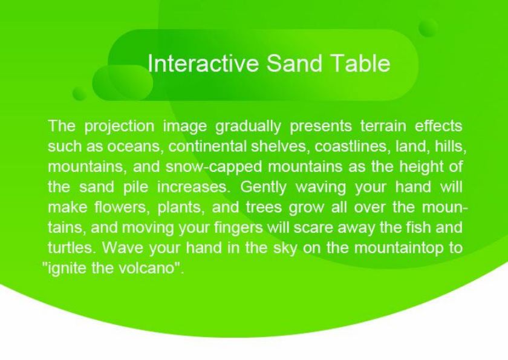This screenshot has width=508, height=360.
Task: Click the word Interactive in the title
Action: (x=203, y=63)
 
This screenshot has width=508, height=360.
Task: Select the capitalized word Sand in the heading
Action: (x=295, y=63)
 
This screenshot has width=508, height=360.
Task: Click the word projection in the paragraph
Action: (x=119, y=126)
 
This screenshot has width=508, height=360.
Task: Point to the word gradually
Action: (x=248, y=126)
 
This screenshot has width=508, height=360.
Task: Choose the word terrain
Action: (x=383, y=126)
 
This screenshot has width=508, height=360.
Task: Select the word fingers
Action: (x=238, y=228)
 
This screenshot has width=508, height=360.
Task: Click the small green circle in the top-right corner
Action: (x=428, y=28)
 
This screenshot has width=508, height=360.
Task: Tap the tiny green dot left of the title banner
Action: (x=79, y=93)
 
